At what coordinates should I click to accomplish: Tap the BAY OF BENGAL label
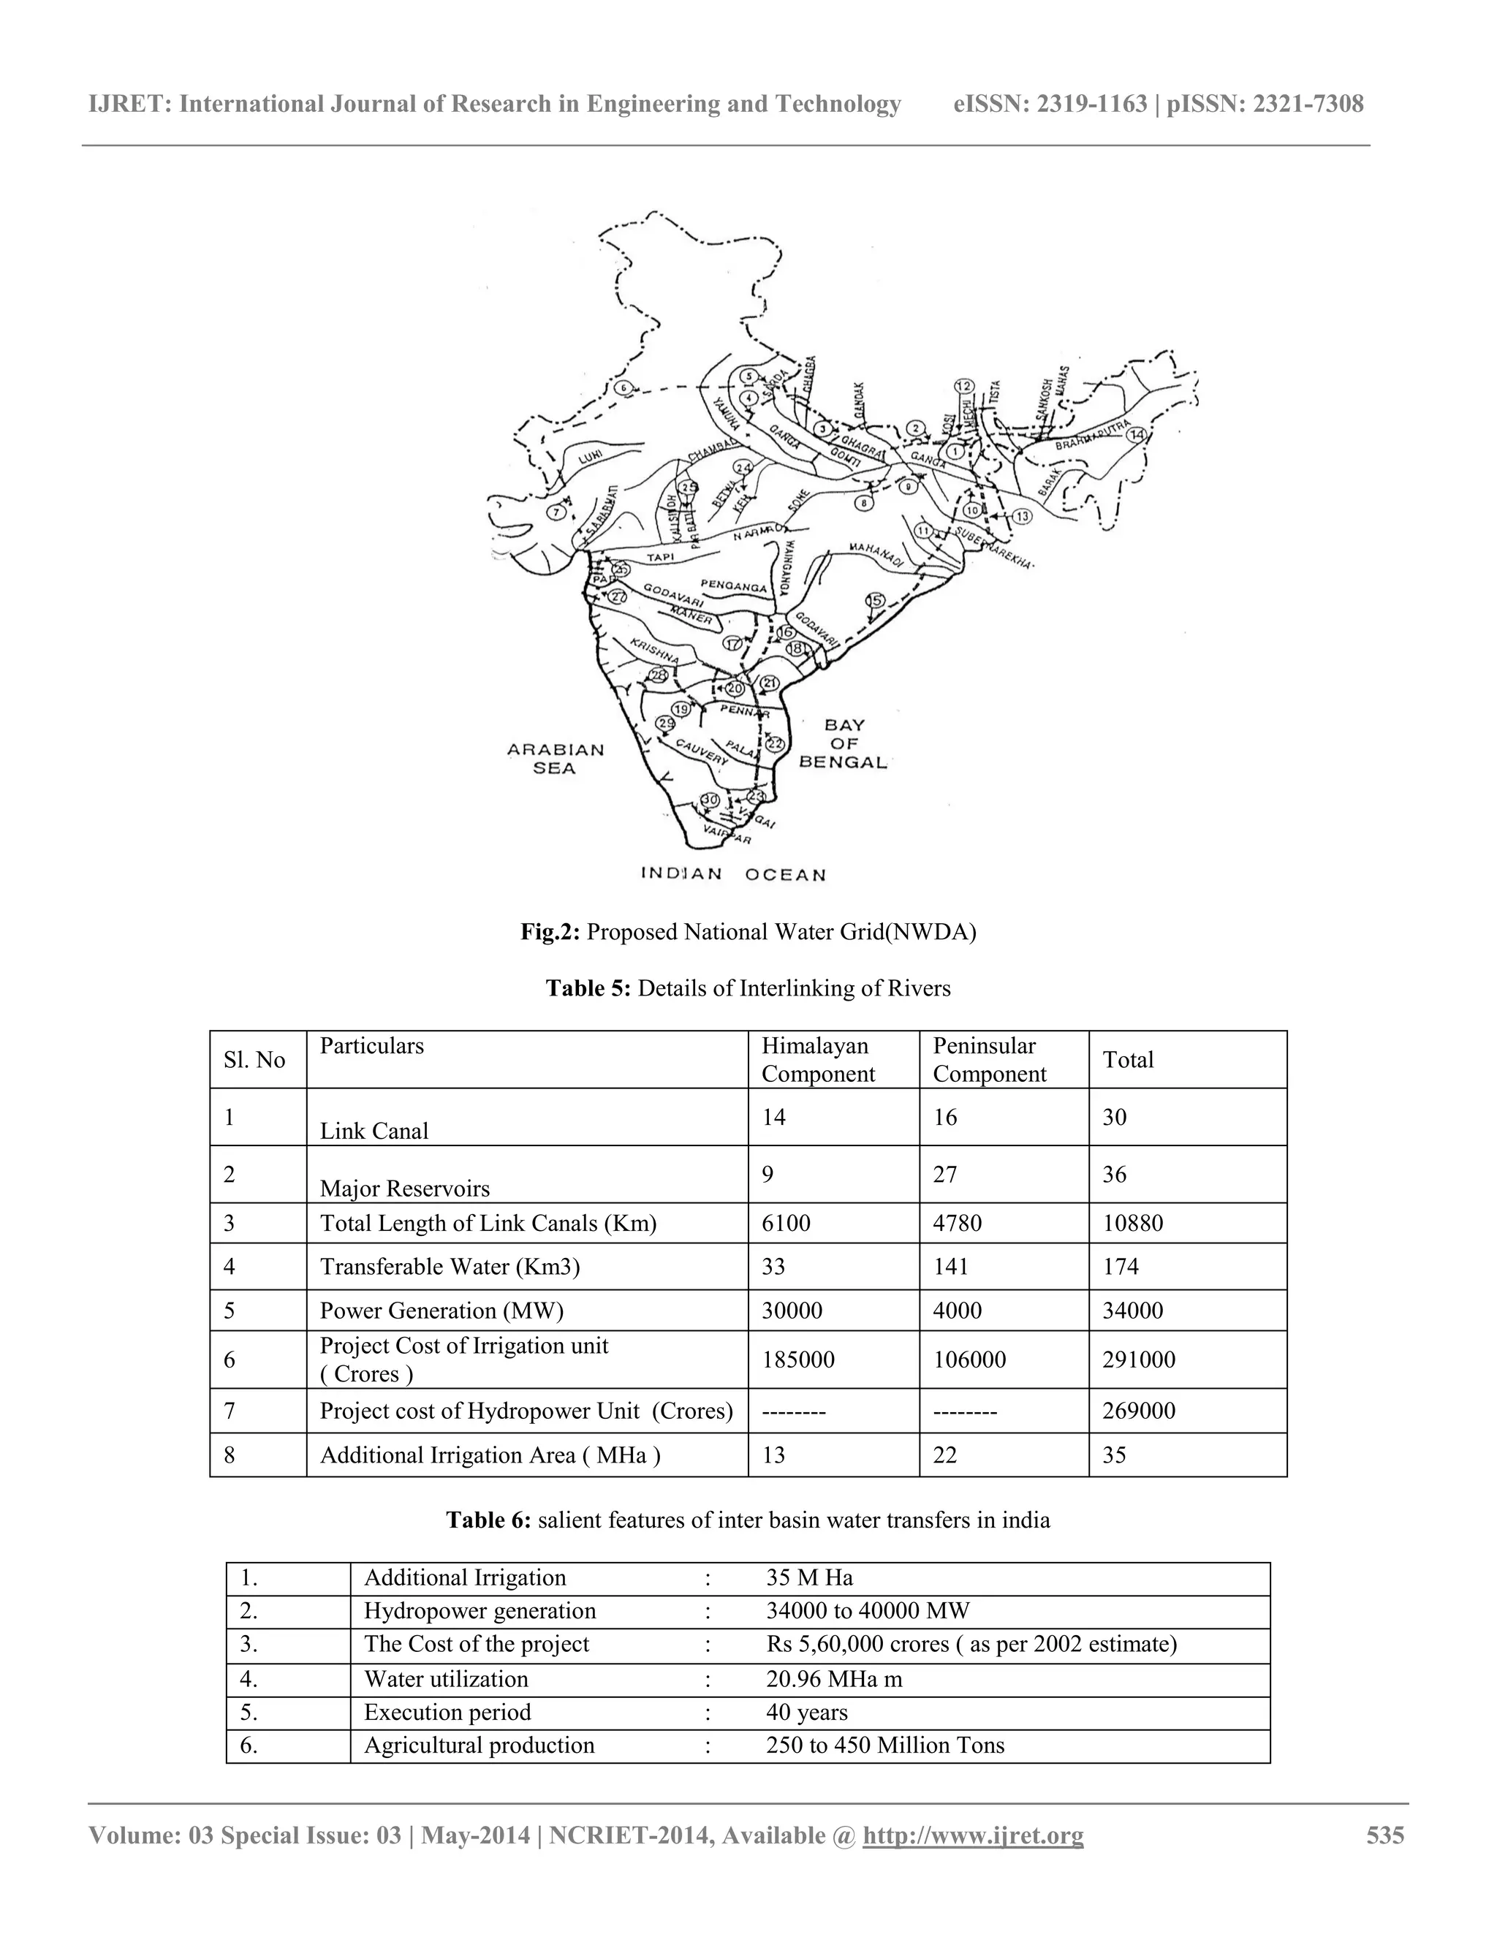[844, 743]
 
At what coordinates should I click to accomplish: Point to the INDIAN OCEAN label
[733, 873]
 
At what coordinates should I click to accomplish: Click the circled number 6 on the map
[624, 388]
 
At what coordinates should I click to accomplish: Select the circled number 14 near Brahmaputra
[1136, 433]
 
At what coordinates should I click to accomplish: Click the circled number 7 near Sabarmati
[557, 512]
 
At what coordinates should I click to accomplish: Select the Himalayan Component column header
[816, 1059]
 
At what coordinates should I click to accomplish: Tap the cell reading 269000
[1139, 1410]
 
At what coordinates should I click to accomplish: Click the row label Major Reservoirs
[404, 1188]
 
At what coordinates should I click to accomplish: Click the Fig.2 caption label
[550, 932]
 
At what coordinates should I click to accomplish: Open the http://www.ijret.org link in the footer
[973, 1835]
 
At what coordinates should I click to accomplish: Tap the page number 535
[1384, 1835]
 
